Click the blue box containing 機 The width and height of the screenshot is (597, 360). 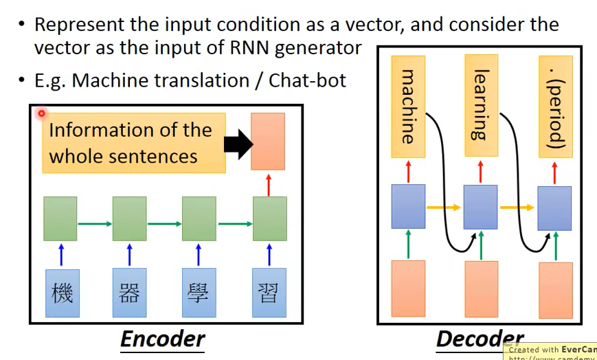click(63, 293)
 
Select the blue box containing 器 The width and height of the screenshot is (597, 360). click(130, 293)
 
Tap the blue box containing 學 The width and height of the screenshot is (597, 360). click(199, 293)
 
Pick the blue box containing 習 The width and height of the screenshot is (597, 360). click(269, 293)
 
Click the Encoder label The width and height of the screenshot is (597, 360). click(163, 339)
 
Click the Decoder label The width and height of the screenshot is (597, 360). click(480, 339)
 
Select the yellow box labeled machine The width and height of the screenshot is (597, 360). click(408, 106)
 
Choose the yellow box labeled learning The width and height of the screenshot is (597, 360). click(481, 106)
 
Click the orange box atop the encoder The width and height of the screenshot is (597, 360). click(268, 141)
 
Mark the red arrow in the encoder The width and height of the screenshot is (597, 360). click(268, 184)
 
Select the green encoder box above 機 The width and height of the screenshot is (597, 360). click(60, 218)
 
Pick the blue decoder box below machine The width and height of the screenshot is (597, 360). click(408, 206)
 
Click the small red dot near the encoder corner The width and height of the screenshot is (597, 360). click(42, 113)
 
